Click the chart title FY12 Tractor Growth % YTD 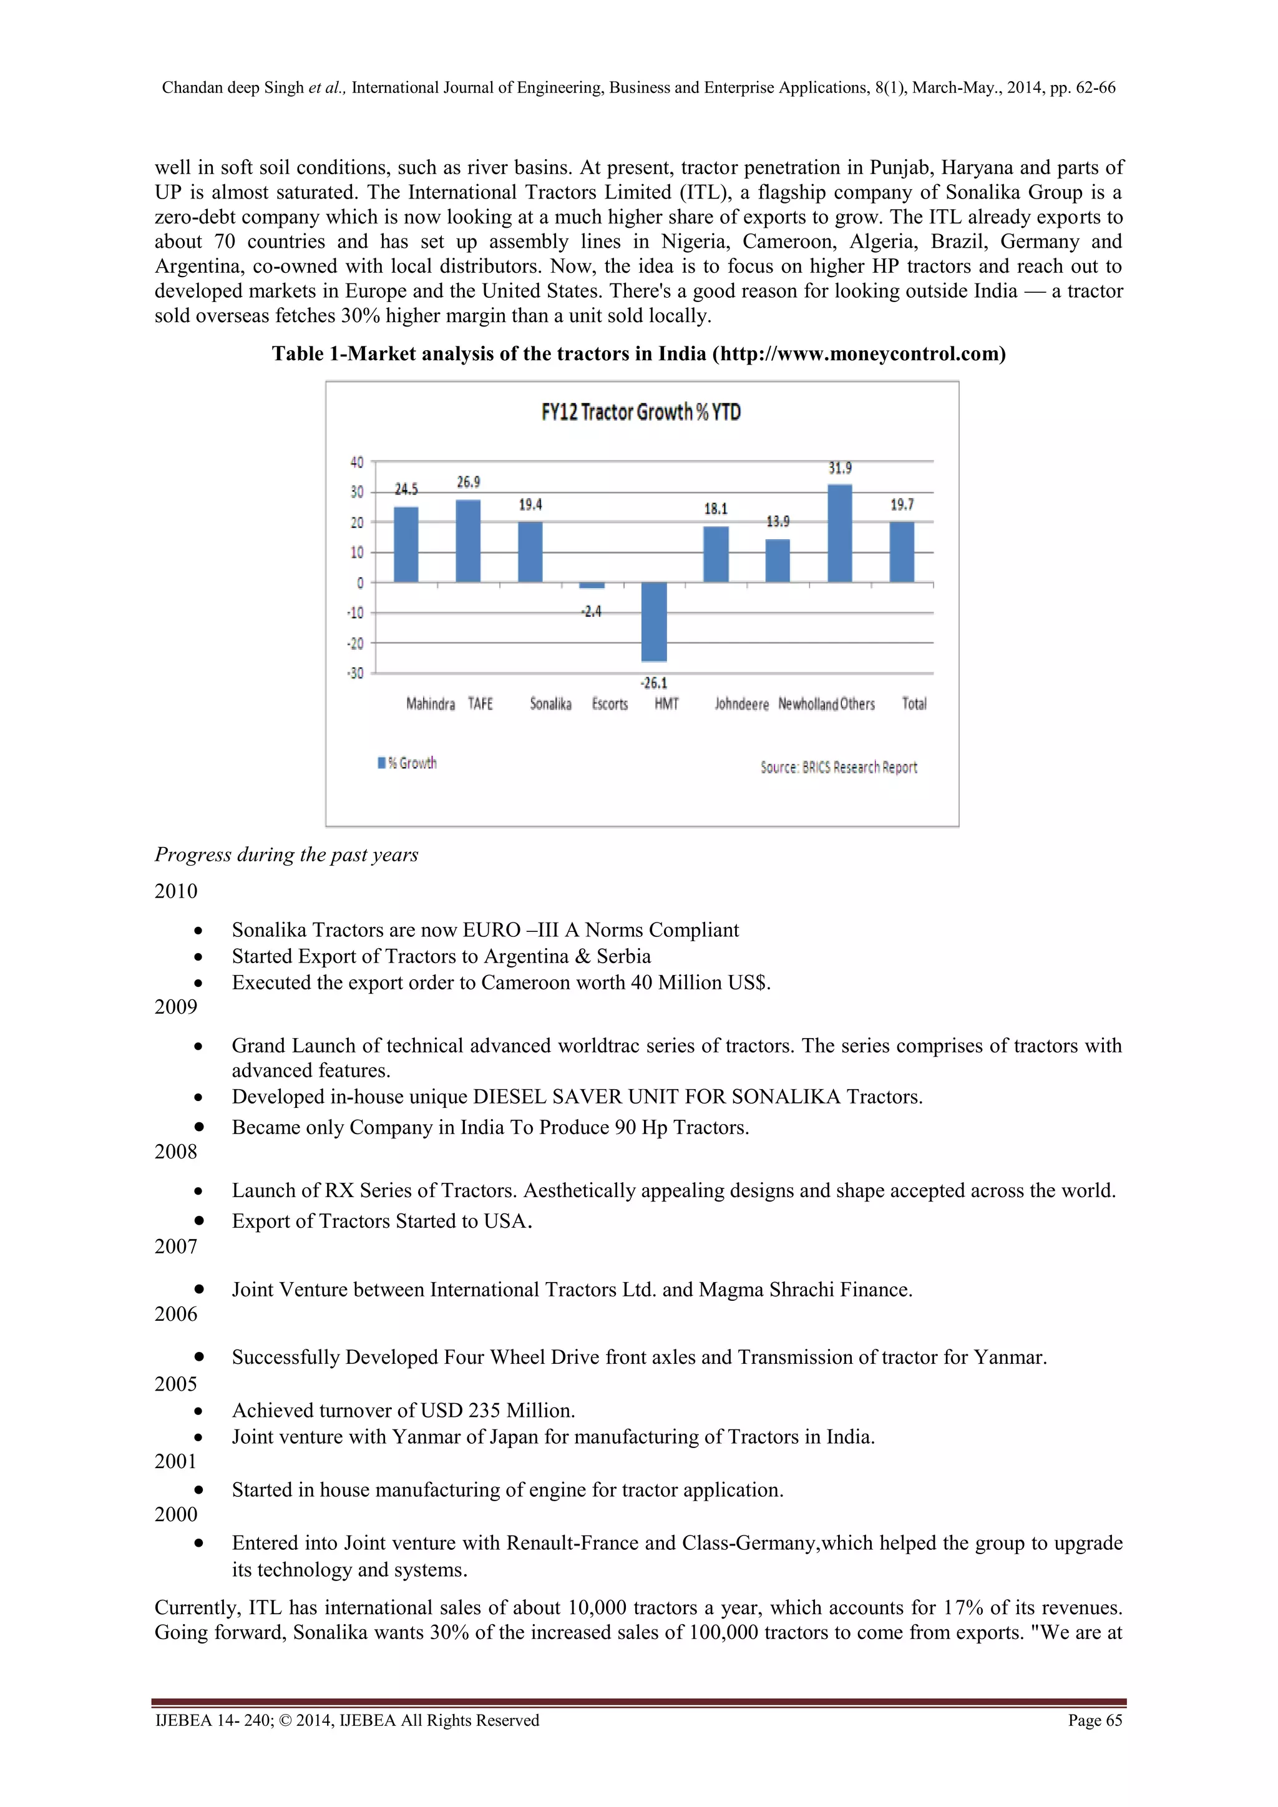641,413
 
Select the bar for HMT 653,622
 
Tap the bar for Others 840,534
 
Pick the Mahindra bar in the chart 406,545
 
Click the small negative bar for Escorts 592,585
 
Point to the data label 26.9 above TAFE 468,482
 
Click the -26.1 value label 653,683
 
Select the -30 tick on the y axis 356,673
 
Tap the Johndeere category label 741,704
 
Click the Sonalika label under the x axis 550,703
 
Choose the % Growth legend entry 407,763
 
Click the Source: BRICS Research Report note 838,767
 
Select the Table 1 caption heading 638,354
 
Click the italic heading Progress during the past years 286,855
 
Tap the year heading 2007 175,1246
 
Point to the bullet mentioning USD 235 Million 403,1411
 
